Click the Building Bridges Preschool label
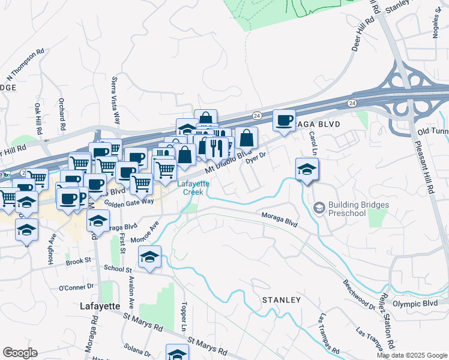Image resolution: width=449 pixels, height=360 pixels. [358, 209]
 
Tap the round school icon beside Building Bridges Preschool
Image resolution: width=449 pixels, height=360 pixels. [319, 208]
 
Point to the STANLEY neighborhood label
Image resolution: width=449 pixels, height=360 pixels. [281, 299]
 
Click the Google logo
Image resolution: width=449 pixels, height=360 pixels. [20, 353]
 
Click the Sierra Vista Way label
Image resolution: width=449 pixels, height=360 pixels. [115, 99]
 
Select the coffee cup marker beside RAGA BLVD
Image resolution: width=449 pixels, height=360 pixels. [284, 119]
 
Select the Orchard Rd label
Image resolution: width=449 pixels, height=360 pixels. [62, 115]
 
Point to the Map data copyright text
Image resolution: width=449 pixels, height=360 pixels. [411, 355]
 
